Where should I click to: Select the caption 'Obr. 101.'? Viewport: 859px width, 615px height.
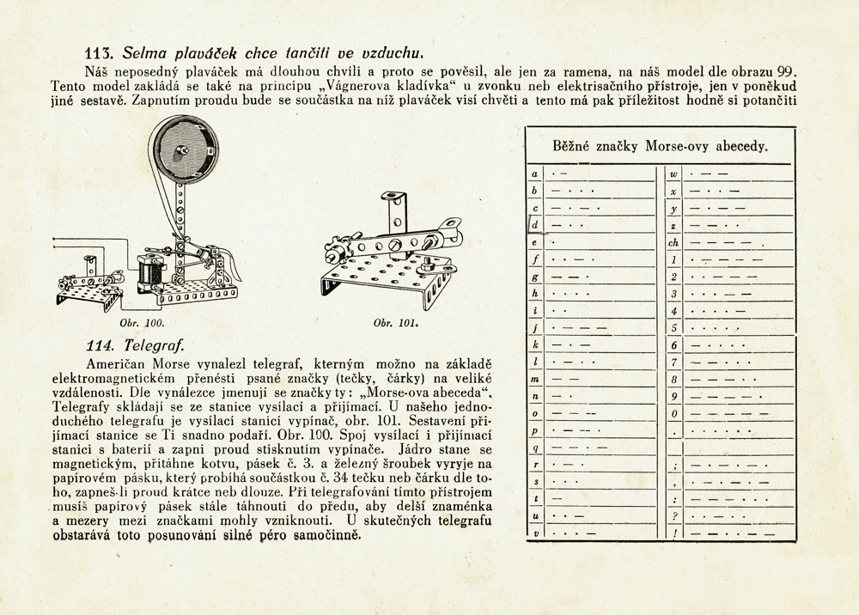396,324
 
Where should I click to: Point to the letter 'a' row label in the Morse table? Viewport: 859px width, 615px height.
536,174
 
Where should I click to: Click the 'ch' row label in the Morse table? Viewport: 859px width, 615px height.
674,242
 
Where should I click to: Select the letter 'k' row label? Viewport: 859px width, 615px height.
536,344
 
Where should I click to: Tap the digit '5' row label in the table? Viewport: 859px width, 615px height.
675,327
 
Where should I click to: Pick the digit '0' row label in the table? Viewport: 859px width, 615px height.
675,412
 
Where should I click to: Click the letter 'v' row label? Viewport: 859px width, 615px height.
536,533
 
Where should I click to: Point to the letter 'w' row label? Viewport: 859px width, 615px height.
674,174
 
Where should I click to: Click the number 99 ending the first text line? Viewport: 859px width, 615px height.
788,70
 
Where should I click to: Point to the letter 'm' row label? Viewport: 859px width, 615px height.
536,379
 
